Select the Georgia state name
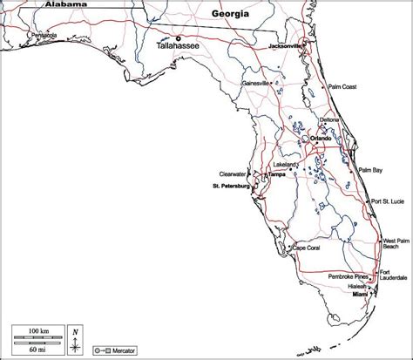[x=230, y=15]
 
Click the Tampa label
[x=277, y=174]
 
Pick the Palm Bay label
[x=371, y=170]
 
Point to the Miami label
[x=361, y=297]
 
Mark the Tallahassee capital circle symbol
[x=179, y=37]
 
